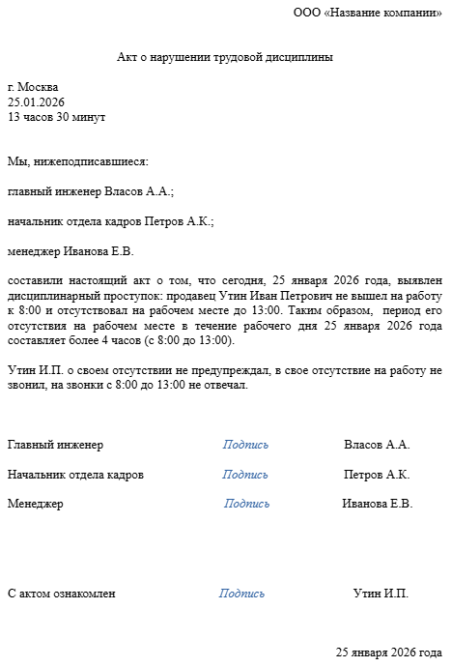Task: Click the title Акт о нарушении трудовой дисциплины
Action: coord(225,58)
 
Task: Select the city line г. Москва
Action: coord(33,86)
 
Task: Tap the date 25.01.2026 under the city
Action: coord(38,101)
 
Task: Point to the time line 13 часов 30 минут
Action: coord(56,117)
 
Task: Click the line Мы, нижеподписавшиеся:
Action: coord(78,161)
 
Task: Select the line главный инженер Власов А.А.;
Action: coord(91,191)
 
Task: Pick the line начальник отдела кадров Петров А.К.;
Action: coord(110,221)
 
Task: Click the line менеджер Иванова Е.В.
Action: coord(71,251)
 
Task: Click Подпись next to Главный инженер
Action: coord(245,445)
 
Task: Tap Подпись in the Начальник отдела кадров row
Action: coord(245,475)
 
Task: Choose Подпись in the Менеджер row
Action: coord(247,504)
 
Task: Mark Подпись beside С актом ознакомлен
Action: coord(242,594)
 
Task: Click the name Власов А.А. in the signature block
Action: coord(377,445)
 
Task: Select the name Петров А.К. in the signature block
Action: coord(377,475)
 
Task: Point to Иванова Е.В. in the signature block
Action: coord(377,504)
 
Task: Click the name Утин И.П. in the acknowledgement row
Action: coord(381,594)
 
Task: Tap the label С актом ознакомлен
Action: coord(61,594)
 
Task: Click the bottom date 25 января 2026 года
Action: coord(389,652)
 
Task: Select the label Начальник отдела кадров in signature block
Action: coord(75,475)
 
